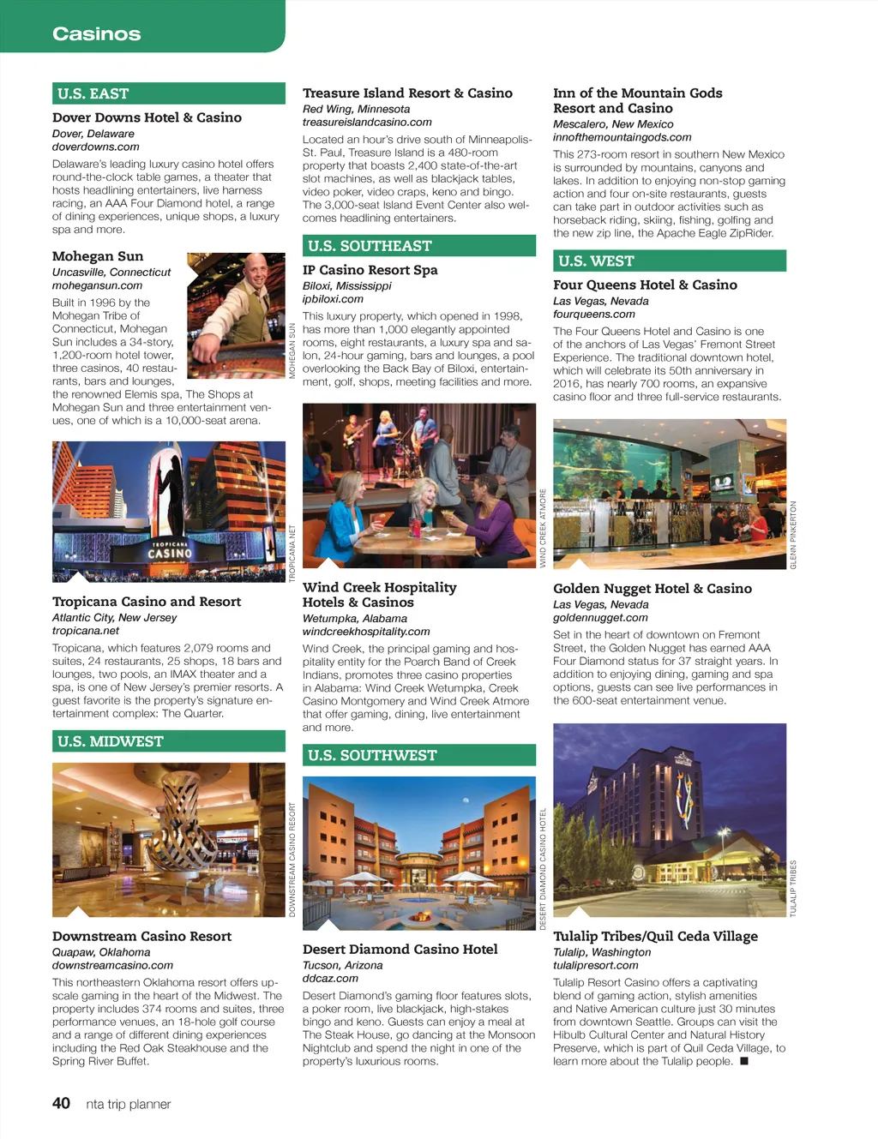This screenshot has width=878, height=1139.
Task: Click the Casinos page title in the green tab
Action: click(x=96, y=34)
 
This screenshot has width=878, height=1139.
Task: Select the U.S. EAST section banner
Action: click(x=168, y=93)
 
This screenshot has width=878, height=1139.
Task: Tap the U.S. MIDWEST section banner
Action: click(x=168, y=741)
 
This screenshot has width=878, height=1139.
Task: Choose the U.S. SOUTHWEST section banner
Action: click(x=418, y=755)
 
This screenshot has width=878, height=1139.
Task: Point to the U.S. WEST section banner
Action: click(x=669, y=261)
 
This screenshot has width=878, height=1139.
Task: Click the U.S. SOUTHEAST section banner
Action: click(x=418, y=246)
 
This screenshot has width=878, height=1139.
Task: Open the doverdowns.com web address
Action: click(x=95, y=147)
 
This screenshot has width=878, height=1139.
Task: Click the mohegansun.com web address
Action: click(x=97, y=285)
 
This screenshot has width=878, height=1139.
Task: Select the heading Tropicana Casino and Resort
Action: click(x=147, y=602)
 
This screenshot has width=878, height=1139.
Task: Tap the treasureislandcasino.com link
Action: click(x=367, y=122)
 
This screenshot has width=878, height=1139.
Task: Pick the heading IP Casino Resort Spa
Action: click(x=370, y=270)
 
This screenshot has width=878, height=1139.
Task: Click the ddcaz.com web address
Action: click(x=330, y=978)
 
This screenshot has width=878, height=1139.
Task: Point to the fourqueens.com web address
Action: click(x=593, y=314)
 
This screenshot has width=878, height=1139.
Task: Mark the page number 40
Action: click(x=61, y=1103)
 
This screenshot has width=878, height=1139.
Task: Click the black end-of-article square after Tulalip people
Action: click(x=744, y=1061)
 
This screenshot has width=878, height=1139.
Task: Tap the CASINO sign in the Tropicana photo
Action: click(x=170, y=554)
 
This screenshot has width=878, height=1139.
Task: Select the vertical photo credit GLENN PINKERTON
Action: click(x=793, y=535)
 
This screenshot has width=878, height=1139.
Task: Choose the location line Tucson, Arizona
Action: click(x=342, y=965)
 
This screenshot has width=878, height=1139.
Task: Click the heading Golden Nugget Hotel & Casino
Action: click(x=652, y=589)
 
